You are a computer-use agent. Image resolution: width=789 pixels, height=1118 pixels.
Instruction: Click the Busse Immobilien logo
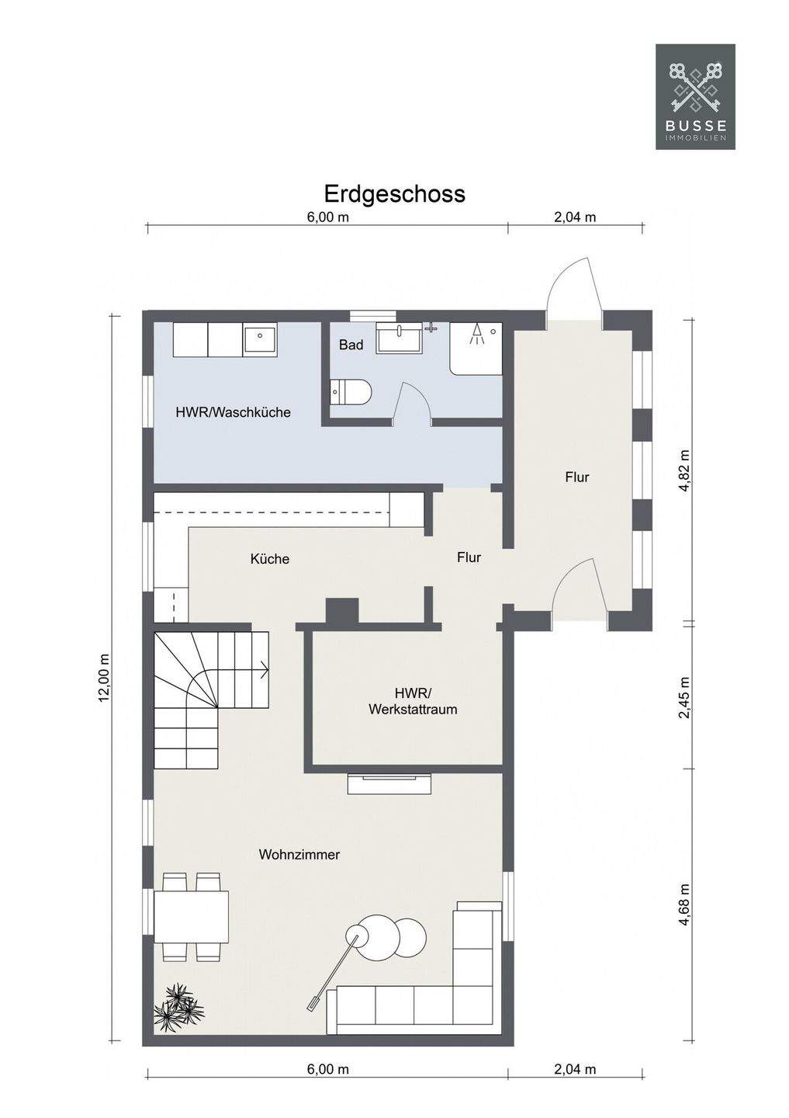coord(695,96)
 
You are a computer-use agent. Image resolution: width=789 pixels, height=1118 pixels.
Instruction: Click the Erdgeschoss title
coord(394,193)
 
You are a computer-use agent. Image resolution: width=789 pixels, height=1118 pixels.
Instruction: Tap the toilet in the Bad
coord(351,392)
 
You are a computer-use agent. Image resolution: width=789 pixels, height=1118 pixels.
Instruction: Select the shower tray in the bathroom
coord(476,347)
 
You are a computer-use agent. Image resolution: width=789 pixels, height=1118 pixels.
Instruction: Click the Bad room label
coord(351,345)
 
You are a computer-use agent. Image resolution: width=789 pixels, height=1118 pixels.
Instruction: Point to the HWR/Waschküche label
coord(233,412)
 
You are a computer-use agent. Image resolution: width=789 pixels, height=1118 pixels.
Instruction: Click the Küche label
coord(270,558)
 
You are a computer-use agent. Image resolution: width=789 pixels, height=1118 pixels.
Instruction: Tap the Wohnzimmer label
coord(299,854)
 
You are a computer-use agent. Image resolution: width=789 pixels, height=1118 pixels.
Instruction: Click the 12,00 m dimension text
coord(104,677)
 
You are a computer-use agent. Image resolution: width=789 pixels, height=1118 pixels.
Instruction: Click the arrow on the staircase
coord(263,670)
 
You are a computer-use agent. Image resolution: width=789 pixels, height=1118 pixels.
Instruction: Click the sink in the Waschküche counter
coord(260,339)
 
